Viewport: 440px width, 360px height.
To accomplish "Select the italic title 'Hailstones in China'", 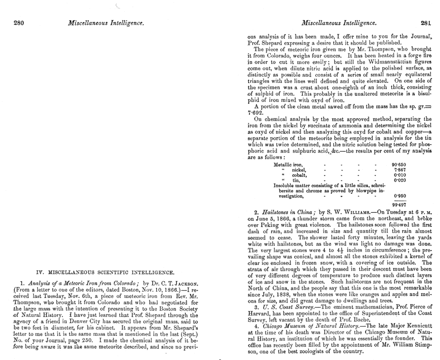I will point(289,213).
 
